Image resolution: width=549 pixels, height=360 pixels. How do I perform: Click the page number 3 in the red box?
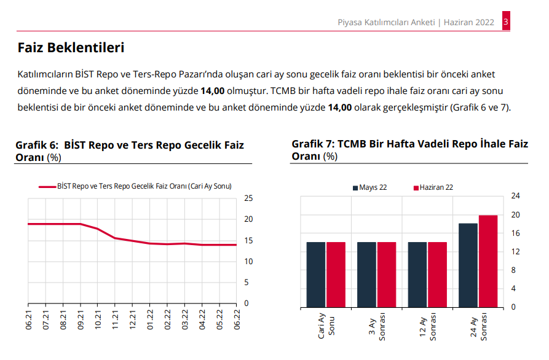point(505,22)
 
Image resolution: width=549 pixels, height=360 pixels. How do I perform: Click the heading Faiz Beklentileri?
point(71,47)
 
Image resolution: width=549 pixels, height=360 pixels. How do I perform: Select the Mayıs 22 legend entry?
point(369,187)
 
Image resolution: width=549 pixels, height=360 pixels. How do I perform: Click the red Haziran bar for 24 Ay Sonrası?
point(488,260)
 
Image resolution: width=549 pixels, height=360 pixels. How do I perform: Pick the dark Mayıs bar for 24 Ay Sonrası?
point(468,265)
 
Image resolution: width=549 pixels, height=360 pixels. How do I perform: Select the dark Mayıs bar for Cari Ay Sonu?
point(316,274)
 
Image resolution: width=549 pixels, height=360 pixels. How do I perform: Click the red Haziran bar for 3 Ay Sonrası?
point(387,274)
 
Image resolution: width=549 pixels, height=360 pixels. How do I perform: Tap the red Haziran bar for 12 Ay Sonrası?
point(437,274)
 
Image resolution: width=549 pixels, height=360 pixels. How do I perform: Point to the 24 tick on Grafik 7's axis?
point(516,196)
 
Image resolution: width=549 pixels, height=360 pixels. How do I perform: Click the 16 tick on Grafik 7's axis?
point(516,233)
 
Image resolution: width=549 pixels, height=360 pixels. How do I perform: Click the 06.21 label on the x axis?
point(29,321)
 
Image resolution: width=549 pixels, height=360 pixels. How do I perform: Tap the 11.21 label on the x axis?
point(116,321)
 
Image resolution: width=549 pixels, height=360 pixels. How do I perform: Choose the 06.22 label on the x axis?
point(237,321)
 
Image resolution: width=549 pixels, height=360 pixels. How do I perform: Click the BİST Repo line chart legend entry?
point(135,186)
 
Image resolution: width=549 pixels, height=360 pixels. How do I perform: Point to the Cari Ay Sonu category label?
point(326,325)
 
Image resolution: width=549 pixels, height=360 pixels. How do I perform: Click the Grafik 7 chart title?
point(409,150)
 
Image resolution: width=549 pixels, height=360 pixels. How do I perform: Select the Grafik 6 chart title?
point(129,151)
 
